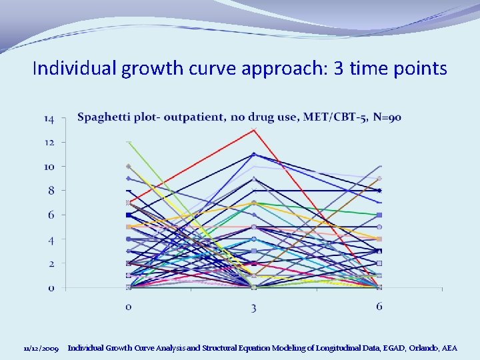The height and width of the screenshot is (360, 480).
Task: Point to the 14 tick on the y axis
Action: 50,119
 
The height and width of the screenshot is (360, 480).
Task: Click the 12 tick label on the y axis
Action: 50,142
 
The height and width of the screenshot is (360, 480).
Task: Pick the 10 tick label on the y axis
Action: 50,166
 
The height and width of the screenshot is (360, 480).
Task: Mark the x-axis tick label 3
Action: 254,307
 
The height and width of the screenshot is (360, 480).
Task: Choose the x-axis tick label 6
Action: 379,306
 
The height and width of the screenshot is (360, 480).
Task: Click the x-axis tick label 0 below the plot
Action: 129,307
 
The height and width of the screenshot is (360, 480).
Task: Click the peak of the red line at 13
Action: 254,130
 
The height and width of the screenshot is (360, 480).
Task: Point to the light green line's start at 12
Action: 129,142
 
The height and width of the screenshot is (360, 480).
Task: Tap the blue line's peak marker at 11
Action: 254,154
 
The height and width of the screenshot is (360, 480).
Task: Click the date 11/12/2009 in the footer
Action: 41,349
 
